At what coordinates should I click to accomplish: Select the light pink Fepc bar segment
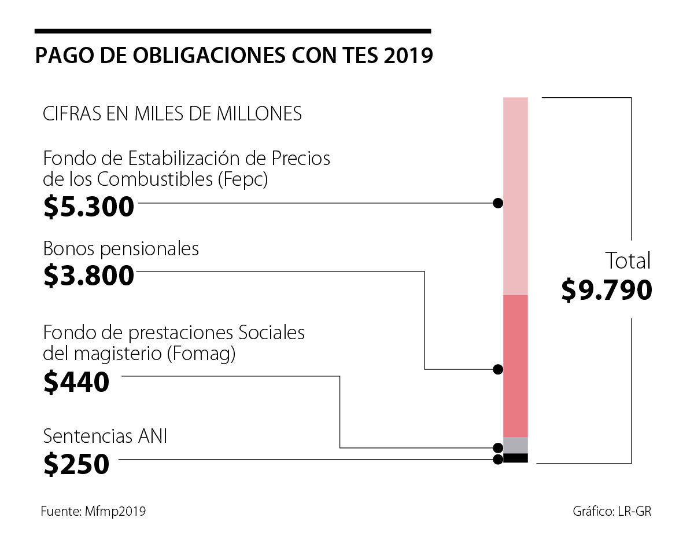click(x=515, y=196)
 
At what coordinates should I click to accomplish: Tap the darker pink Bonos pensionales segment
click(x=515, y=366)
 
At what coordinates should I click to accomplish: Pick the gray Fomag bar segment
click(x=515, y=445)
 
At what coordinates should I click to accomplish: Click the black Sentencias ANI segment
click(x=515, y=458)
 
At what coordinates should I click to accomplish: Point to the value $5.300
click(x=88, y=207)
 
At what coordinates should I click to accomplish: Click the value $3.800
click(x=88, y=276)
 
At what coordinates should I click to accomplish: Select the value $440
click(x=76, y=382)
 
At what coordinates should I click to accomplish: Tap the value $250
click(x=76, y=464)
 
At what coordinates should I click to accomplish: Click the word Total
click(x=627, y=261)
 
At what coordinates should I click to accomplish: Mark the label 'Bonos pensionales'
click(x=121, y=249)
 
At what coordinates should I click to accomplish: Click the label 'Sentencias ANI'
click(x=105, y=436)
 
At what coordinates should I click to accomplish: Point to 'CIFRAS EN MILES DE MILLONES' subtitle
click(x=172, y=113)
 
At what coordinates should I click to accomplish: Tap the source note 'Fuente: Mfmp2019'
click(x=93, y=511)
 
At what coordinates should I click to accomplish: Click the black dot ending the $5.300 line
click(x=497, y=203)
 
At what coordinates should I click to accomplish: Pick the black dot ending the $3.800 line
click(x=497, y=369)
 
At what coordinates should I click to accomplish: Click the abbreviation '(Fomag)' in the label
click(x=201, y=354)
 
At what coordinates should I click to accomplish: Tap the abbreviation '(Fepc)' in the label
click(x=243, y=179)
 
